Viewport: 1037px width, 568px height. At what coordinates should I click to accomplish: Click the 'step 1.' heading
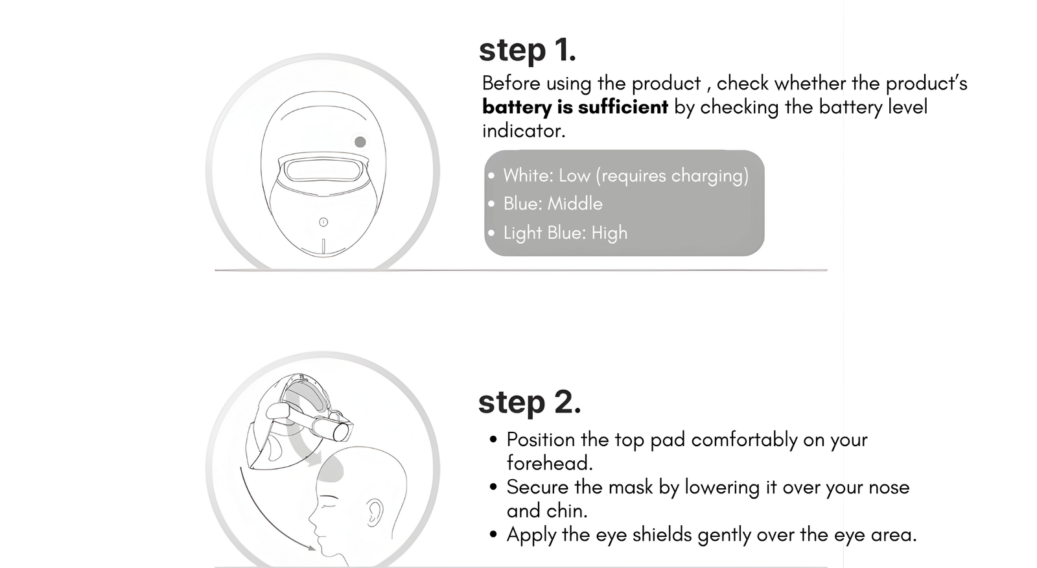click(x=528, y=50)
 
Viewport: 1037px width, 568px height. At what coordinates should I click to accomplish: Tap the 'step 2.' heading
click(x=529, y=402)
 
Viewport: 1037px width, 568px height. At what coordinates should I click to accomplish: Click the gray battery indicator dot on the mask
click(x=360, y=142)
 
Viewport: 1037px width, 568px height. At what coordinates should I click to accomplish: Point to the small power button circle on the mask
click(x=323, y=222)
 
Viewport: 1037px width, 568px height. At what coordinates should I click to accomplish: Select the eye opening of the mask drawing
click(x=323, y=170)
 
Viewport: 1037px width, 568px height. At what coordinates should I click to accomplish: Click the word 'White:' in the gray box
click(x=528, y=176)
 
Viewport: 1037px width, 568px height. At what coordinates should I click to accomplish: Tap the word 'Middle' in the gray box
click(x=575, y=204)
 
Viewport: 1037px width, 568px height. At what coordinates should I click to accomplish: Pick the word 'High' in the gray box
click(x=609, y=233)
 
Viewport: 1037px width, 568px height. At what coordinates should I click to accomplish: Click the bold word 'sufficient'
click(x=623, y=107)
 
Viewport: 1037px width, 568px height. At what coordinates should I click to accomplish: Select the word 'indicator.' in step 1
click(x=524, y=130)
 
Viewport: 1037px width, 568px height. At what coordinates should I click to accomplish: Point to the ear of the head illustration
click(x=374, y=512)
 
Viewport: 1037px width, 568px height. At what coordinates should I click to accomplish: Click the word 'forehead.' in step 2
click(x=550, y=463)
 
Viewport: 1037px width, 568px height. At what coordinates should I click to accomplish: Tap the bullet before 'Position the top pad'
click(x=493, y=439)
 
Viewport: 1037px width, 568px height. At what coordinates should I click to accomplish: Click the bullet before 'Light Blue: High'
click(x=491, y=233)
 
